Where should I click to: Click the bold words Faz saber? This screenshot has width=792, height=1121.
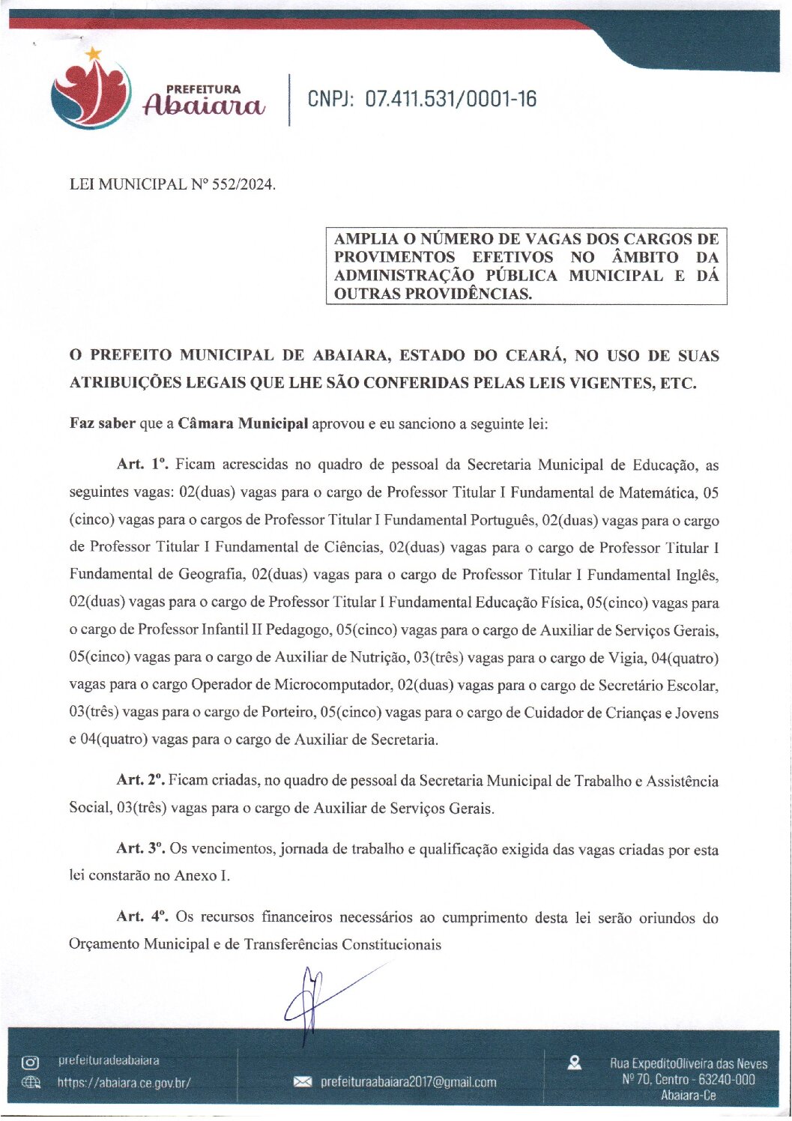pyautogui.click(x=102, y=423)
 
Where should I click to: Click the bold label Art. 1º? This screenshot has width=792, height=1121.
pyautogui.click(x=142, y=465)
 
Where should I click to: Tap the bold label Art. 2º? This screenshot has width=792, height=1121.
pyautogui.click(x=140, y=780)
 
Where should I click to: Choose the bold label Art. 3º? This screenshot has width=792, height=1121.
pyautogui.click(x=140, y=848)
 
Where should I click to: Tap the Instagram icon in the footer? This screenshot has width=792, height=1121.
pyautogui.click(x=30, y=1062)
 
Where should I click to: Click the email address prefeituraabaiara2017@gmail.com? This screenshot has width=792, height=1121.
pyautogui.click(x=408, y=1082)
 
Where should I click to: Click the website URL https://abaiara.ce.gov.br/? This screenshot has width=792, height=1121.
pyautogui.click(x=124, y=1083)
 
